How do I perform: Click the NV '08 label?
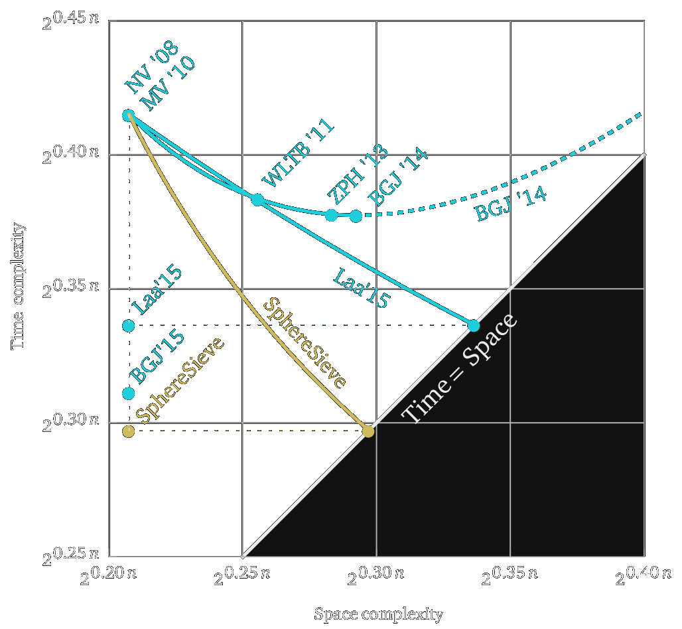(147, 78)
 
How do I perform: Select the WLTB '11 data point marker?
(257, 200)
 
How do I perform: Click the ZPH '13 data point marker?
(332, 215)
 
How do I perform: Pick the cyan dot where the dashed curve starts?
(356, 216)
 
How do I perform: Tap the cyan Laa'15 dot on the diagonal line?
(474, 325)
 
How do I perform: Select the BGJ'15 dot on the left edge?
(129, 393)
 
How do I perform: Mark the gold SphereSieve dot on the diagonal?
(368, 431)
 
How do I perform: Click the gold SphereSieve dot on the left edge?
(129, 431)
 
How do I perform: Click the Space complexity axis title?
(377, 614)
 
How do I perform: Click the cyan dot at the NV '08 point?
(129, 115)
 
